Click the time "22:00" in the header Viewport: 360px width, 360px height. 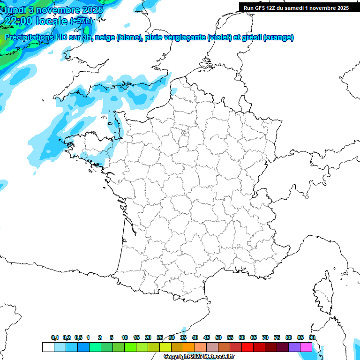pos(21,21)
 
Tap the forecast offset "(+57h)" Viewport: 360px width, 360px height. pos(81,21)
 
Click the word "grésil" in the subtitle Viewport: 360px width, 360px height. pos(250,37)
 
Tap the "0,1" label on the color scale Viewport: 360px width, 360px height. pos(55,337)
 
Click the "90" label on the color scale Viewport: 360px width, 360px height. pos(312,337)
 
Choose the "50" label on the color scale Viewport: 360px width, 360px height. pos(218,337)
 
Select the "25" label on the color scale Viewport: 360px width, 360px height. pos(160,337)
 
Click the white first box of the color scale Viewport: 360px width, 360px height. pos(48,347)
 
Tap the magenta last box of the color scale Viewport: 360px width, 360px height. pos(306,347)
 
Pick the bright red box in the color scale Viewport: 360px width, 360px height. pos(247,347)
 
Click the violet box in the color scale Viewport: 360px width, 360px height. pos(294,347)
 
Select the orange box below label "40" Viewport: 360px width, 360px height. pos(189,347)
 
